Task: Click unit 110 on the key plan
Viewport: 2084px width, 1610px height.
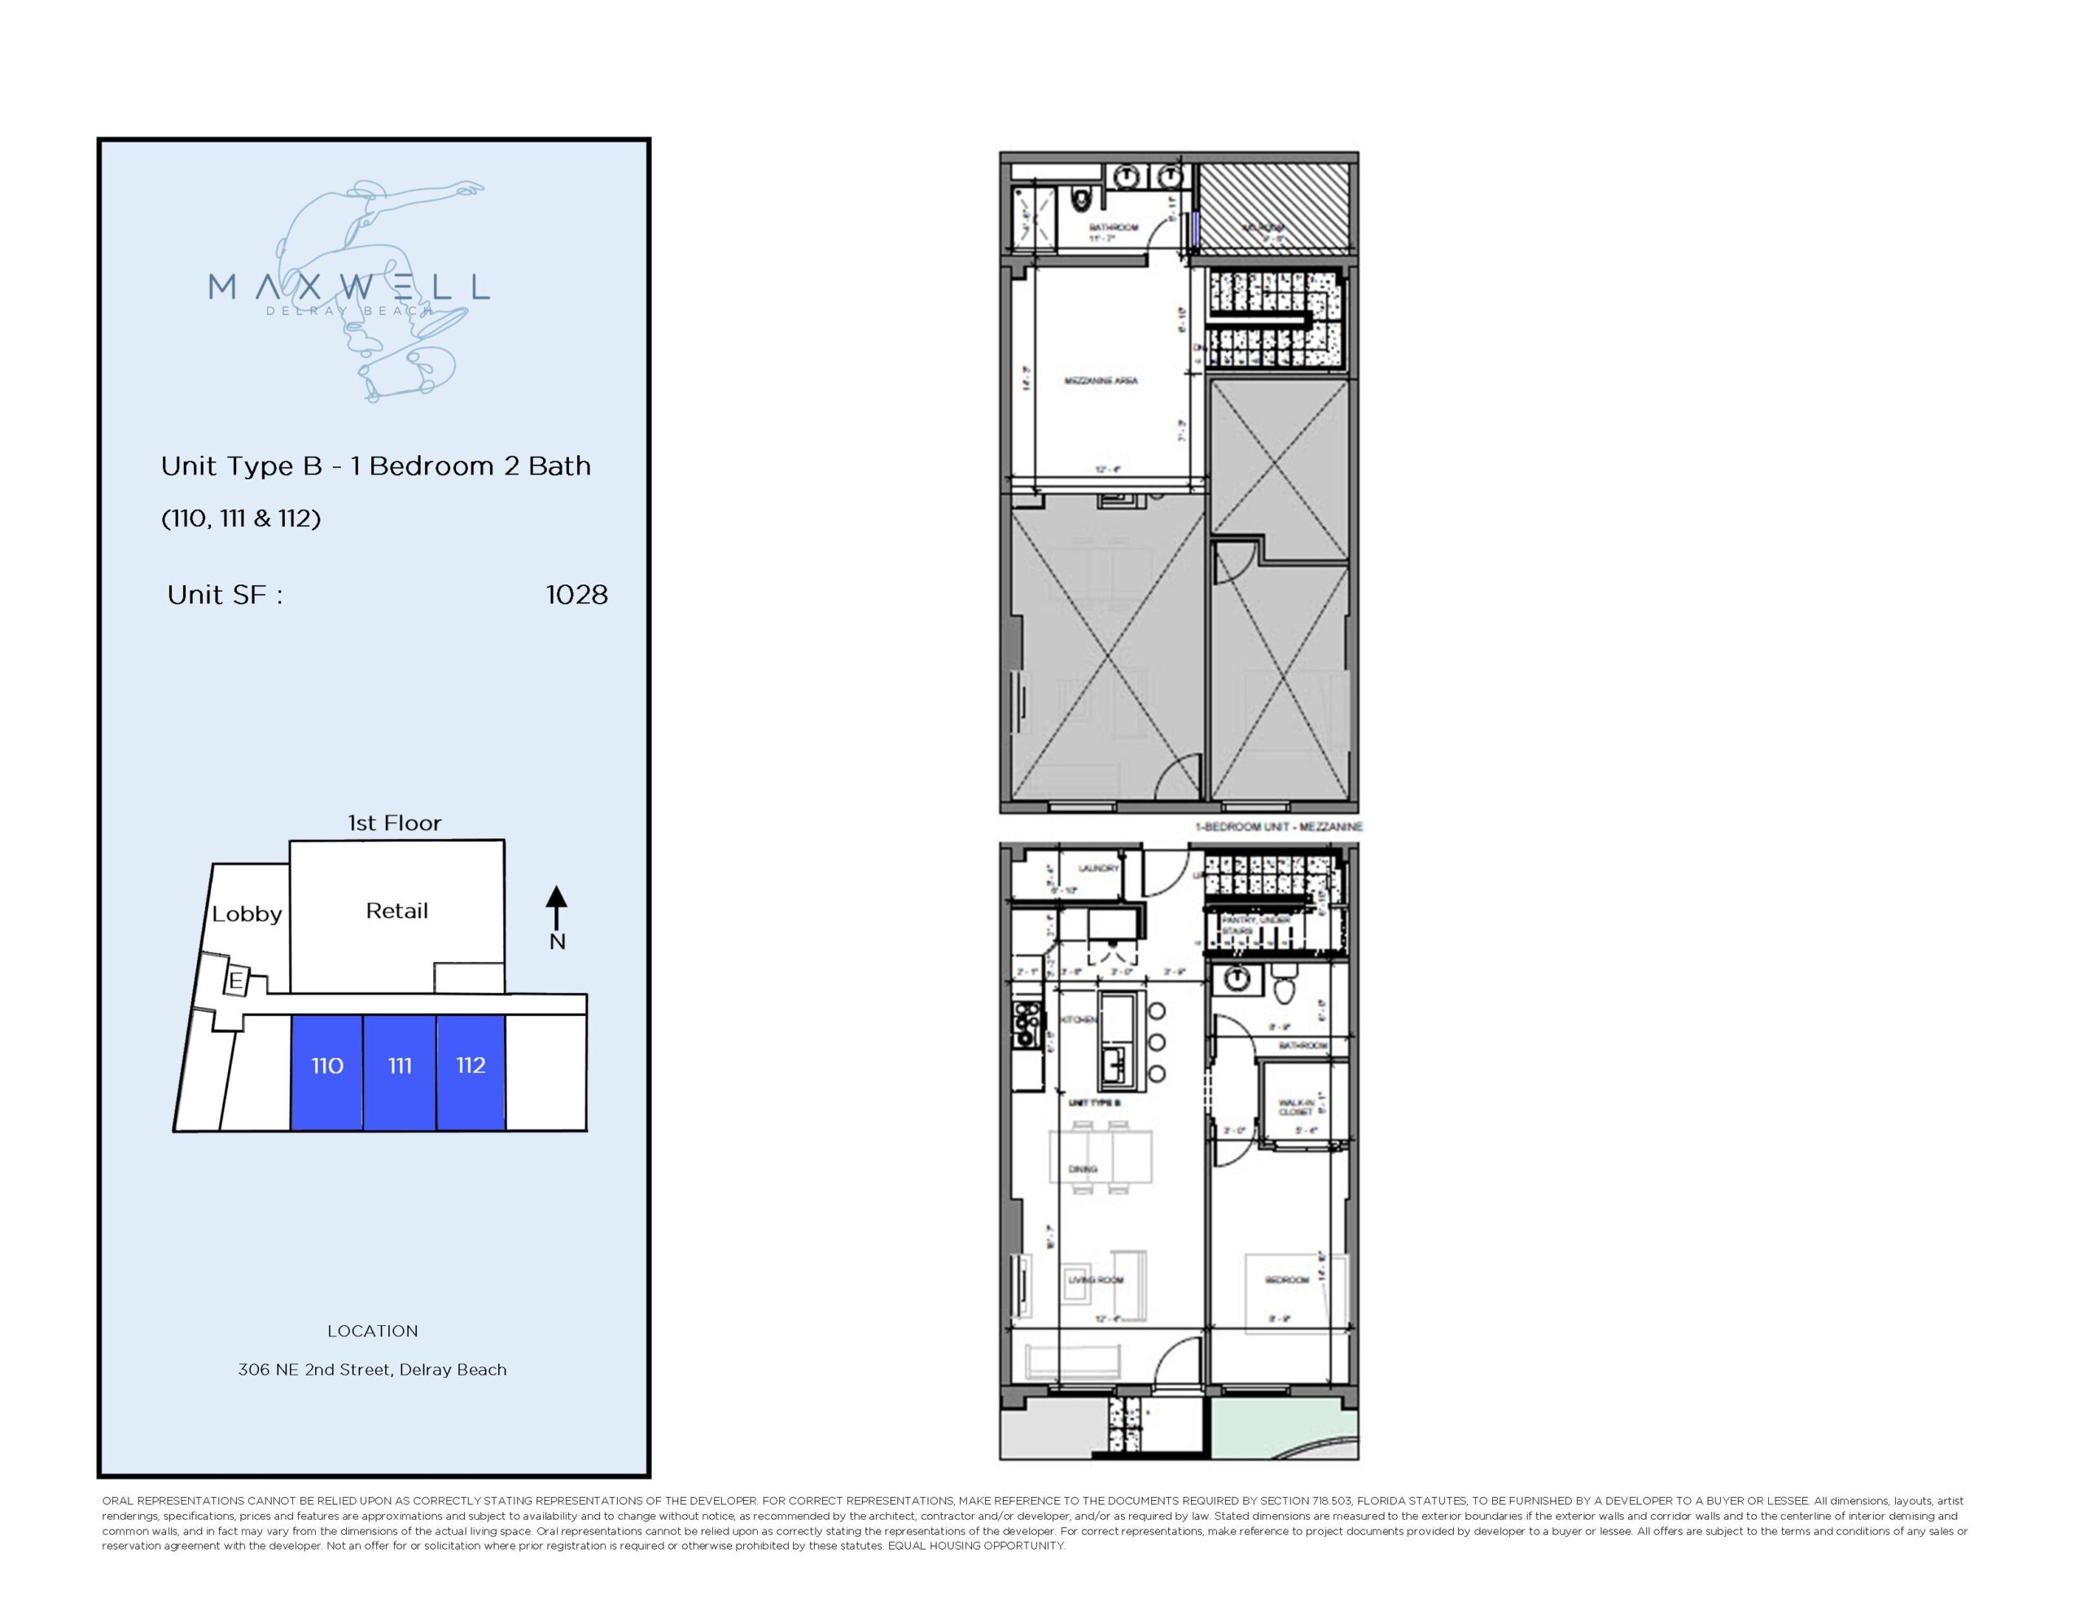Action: pos(326,1066)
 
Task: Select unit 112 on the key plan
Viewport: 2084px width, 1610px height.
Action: pos(471,1066)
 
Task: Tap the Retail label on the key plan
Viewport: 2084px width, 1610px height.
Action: pos(397,912)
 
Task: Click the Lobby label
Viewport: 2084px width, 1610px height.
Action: pos(246,914)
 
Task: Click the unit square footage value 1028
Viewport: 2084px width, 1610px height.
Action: pos(576,596)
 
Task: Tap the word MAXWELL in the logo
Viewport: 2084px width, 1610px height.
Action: pos(348,287)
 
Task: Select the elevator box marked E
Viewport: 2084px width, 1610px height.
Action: pos(234,981)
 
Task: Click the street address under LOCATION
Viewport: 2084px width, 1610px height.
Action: pos(372,1370)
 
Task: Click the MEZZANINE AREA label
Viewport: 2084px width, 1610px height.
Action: pos(1101,381)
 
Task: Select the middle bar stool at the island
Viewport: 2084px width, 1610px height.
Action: pos(1158,1042)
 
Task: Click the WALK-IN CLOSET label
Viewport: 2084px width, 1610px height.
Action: pos(1296,1107)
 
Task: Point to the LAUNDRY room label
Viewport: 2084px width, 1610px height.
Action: pos(1097,868)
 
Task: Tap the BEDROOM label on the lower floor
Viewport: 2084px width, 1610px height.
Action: pos(1286,1280)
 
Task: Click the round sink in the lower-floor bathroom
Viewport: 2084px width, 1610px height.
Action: pos(1237,978)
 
